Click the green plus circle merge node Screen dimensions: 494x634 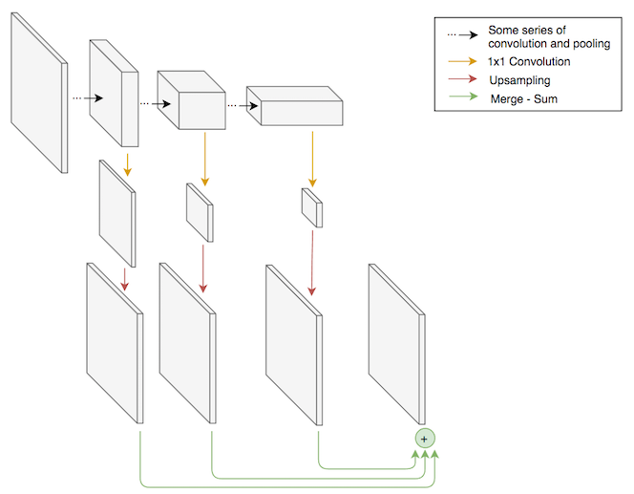[x=425, y=438]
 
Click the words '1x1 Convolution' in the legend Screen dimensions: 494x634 [x=529, y=62]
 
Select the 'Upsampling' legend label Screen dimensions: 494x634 [x=519, y=80]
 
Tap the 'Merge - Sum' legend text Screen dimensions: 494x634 [x=523, y=98]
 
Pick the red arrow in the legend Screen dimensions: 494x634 [x=464, y=80]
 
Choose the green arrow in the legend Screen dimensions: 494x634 [x=464, y=98]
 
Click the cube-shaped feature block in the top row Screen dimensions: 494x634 [x=189, y=100]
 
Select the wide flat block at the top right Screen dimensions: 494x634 [x=293, y=106]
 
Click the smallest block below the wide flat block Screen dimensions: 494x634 [x=312, y=207]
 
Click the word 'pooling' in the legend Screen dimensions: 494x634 [x=588, y=44]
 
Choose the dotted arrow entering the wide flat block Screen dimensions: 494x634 [x=239, y=106]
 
